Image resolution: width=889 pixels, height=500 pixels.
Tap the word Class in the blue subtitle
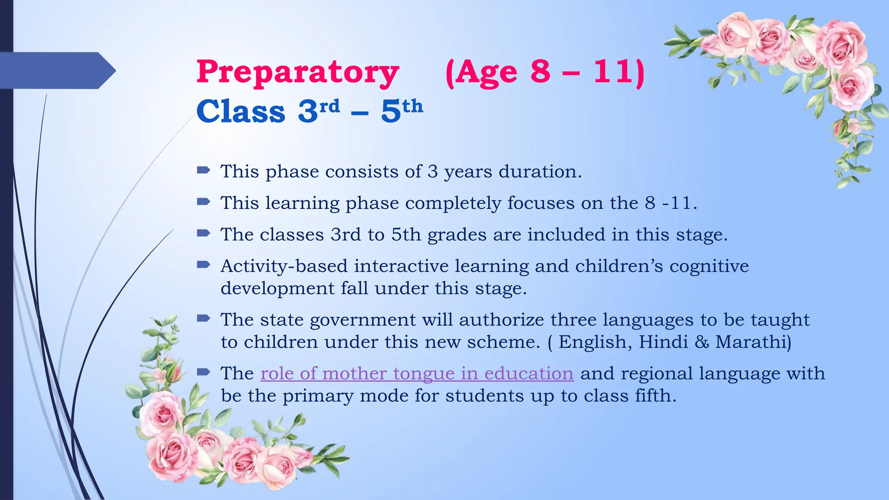pos(241,111)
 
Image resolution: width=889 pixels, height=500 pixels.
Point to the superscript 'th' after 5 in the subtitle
pos(412,106)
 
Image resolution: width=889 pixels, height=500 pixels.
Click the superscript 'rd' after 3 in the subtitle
pos(329,106)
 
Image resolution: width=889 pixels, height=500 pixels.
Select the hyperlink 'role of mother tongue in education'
pos(417,374)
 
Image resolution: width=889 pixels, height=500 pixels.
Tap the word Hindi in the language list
pos(663,342)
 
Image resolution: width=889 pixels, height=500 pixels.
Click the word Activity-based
pos(284,266)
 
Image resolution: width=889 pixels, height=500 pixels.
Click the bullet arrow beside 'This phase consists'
pos(203,170)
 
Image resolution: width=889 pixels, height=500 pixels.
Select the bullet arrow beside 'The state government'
pos(203,319)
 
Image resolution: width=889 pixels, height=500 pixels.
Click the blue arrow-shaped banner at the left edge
pos(56,70)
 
